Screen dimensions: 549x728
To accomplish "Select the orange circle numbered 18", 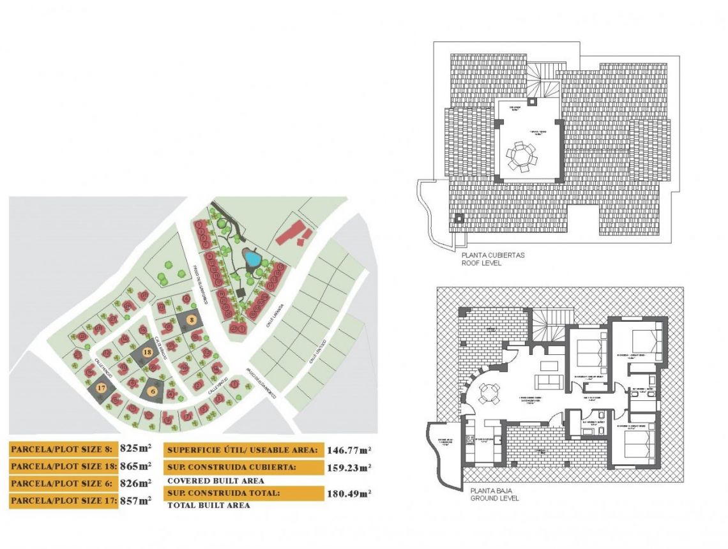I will coord(147,352).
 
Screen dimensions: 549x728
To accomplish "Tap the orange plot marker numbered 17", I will coord(101,387).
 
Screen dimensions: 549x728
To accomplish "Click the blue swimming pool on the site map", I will coord(252,259).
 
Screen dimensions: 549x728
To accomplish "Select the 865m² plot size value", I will coord(136,466).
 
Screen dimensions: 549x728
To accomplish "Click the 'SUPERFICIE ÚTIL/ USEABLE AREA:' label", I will coord(242,450).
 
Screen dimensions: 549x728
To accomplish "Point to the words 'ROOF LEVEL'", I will coord(483,262).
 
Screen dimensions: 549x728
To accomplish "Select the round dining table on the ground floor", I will coord(489,393).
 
